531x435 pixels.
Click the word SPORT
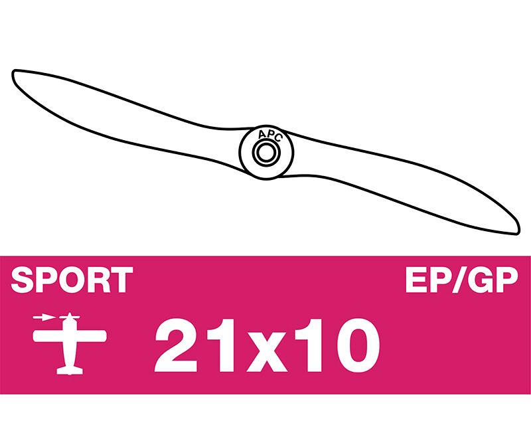(x=72, y=280)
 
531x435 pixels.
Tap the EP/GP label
(x=462, y=280)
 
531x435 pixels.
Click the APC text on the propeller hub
(x=269, y=135)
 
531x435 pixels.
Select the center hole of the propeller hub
(x=266, y=153)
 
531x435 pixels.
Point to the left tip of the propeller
(x=13, y=72)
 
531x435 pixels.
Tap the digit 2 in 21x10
(x=176, y=345)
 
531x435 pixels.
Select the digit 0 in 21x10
(x=358, y=345)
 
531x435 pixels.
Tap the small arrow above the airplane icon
(x=43, y=317)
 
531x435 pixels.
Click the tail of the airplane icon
(x=70, y=370)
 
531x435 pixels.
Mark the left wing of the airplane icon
(x=48, y=336)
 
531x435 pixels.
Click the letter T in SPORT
(x=121, y=280)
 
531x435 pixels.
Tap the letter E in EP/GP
(x=417, y=280)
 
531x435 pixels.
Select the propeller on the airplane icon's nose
(x=70, y=317)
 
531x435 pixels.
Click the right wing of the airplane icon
(x=92, y=336)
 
